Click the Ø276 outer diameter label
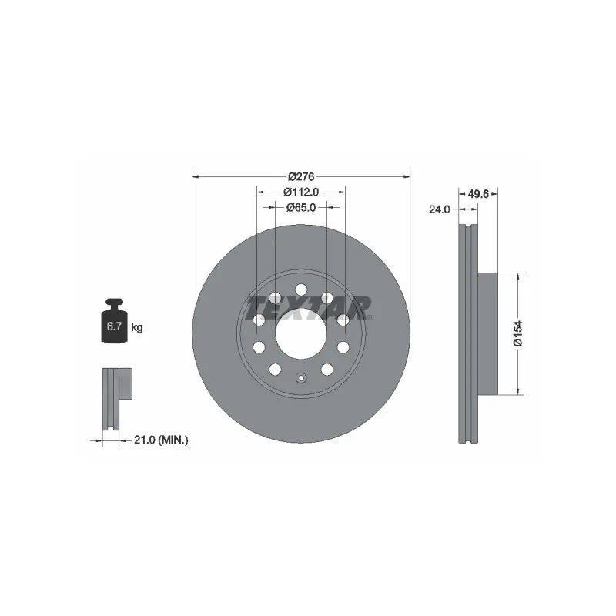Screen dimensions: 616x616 (301, 177)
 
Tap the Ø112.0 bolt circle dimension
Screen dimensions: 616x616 (301, 192)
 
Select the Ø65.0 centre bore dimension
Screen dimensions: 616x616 (301, 207)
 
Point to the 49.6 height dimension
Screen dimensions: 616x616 (478, 194)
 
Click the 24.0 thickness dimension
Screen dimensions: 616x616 (439, 209)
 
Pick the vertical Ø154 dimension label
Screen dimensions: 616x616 (518, 333)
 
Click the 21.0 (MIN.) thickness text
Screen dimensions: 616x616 (161, 440)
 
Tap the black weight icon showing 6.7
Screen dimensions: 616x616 (114, 320)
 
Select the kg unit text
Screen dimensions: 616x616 (137, 327)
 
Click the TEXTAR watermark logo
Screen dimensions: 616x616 (310, 309)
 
